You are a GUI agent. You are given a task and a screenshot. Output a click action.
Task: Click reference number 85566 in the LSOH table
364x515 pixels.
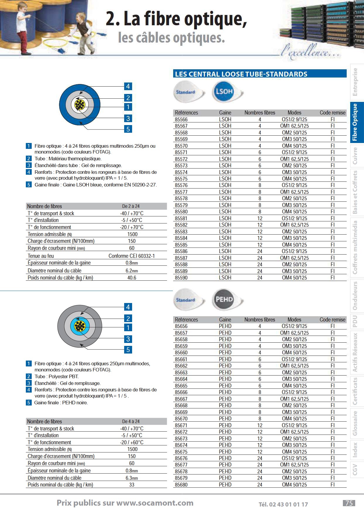pos(181,120)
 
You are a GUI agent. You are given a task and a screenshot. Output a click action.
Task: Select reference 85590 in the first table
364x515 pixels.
pos(181,278)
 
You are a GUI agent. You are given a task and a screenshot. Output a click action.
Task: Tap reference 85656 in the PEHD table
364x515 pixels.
pos(181,326)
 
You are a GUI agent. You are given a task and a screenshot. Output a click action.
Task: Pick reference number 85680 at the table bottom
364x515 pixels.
pos(181,485)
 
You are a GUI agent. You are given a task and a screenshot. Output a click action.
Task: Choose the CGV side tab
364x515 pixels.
pos(355,469)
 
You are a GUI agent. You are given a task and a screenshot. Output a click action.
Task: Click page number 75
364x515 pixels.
pos(349,503)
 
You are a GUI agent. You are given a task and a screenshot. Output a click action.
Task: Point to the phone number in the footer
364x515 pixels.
pos(283,504)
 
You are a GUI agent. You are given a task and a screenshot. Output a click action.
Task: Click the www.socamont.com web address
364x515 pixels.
pos(155,503)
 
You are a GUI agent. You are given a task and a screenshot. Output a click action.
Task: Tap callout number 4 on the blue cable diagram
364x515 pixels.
pos(128,86)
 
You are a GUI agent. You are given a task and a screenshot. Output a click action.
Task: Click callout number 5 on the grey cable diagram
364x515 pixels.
pos(128,350)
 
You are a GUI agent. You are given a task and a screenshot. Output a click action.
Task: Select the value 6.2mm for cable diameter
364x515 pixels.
pos(132,271)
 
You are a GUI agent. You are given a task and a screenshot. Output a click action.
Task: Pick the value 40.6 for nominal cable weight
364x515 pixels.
pos(132,278)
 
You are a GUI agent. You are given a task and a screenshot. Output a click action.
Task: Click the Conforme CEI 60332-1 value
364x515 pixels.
pos(132,256)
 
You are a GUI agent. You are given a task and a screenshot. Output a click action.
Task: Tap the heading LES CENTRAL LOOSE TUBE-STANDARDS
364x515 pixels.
pos(241,74)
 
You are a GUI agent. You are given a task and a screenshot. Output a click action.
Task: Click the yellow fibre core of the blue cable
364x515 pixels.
pos(80,105)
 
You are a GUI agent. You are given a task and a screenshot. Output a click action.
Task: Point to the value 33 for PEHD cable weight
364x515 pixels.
pos(132,485)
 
